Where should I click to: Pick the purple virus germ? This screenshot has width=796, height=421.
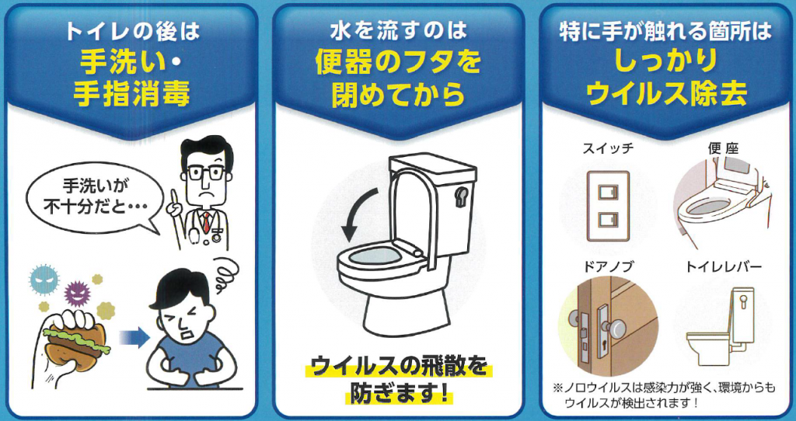pyautogui.click(x=78, y=293)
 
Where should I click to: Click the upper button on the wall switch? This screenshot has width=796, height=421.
pyautogui.click(x=607, y=192)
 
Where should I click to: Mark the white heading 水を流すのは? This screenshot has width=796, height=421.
pyautogui.click(x=398, y=32)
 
